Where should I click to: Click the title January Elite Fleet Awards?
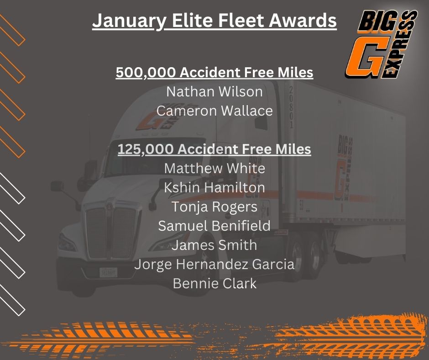point(214,21)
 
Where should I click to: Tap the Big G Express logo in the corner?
point(381,44)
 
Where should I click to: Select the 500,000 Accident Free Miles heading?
point(214,73)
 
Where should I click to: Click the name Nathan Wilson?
point(214,91)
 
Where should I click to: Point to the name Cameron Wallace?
point(214,111)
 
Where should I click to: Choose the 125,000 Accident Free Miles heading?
point(214,149)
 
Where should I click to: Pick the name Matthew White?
point(214,168)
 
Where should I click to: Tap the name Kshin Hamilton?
point(214,188)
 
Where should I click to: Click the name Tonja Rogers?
point(214,207)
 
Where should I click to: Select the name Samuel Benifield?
point(214,226)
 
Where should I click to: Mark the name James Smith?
point(214,245)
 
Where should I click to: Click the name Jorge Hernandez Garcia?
point(214,265)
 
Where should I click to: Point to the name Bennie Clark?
point(214,284)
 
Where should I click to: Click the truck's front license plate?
point(108,273)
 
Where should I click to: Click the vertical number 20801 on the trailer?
point(291,107)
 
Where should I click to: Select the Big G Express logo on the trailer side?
point(343,168)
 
